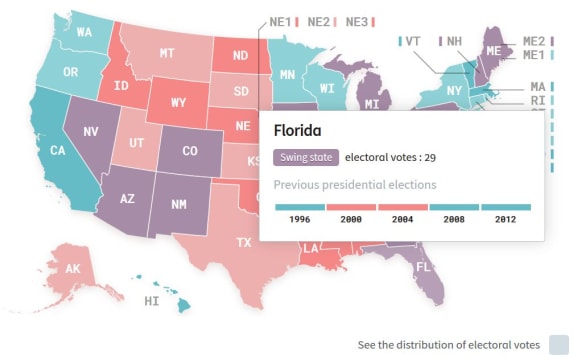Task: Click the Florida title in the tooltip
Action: pyautogui.click(x=298, y=131)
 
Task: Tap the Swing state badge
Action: pyautogui.click(x=305, y=158)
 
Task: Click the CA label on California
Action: pyautogui.click(x=58, y=151)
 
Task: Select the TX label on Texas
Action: pyautogui.click(x=243, y=243)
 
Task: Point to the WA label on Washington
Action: pyautogui.click(x=84, y=33)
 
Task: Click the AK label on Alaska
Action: pyautogui.click(x=73, y=269)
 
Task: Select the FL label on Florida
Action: pyautogui.click(x=423, y=267)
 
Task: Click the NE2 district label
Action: pyautogui.click(x=319, y=21)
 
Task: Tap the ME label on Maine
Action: pyautogui.click(x=494, y=50)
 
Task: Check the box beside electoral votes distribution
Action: pyautogui.click(x=558, y=345)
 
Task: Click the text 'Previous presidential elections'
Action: pyautogui.click(x=355, y=185)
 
